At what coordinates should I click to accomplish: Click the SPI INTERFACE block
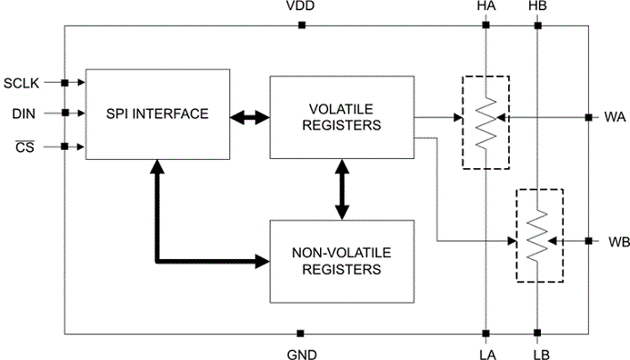pos(157,115)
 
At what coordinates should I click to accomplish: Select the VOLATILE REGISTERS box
pos(342,117)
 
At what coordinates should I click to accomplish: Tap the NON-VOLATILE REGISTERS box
pos(342,261)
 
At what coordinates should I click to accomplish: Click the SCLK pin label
pos(21,83)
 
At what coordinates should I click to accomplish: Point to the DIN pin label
pos(24,114)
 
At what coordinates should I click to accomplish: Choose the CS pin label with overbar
pos(25,147)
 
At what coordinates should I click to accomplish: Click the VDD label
pos(301,6)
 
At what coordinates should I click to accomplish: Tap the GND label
pos(302,355)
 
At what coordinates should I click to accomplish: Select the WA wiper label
pos(615,117)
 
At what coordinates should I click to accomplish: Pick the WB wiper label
pos(619,242)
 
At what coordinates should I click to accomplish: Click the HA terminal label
pos(486,6)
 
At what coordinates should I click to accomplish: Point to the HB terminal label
pos(537,6)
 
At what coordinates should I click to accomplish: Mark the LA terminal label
pos(488,355)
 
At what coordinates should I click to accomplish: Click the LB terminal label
pos(541,355)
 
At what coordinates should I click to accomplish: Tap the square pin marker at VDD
pos(302,25)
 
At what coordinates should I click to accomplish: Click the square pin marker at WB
pos(588,241)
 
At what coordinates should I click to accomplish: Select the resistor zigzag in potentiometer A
pos(485,123)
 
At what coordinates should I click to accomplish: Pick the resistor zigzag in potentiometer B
pos(537,235)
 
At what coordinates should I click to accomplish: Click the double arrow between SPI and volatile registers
pos(250,117)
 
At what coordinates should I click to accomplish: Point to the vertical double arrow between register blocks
pos(342,190)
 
